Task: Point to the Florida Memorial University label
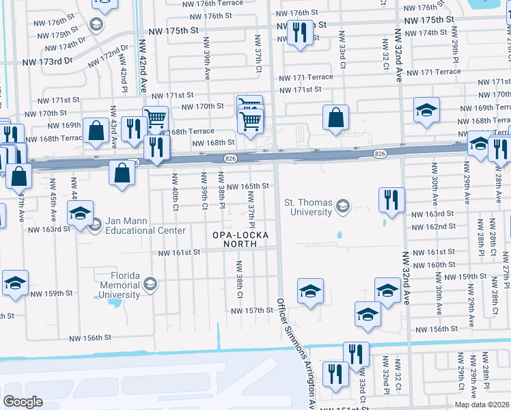pyautogui.click(x=120, y=285)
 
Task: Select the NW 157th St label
pyautogui.click(x=251, y=310)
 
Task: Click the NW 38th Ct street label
pyautogui.click(x=240, y=279)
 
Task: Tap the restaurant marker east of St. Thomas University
pyautogui.click(x=391, y=200)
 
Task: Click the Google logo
pyautogui.click(x=23, y=402)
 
